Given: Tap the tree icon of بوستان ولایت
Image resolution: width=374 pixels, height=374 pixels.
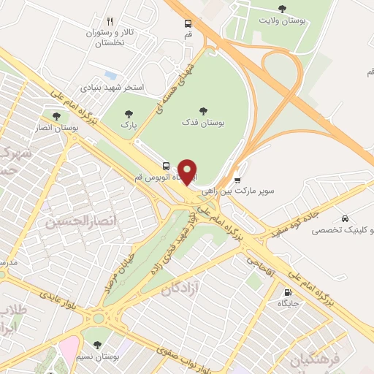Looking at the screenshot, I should tap(283, 8).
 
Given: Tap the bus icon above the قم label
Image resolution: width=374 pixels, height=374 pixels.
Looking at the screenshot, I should tap(188, 23).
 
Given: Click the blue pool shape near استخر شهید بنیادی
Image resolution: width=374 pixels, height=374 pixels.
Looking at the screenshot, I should tap(110, 75).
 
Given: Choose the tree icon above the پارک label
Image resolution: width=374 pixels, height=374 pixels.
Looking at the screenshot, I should tap(129, 113).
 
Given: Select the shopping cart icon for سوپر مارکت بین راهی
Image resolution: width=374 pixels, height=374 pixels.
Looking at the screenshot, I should tap(238, 179).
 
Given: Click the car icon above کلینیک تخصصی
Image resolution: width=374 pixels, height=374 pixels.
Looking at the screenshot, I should tap(344, 218).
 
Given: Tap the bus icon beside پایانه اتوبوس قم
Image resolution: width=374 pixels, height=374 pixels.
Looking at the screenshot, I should tap(167, 165).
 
